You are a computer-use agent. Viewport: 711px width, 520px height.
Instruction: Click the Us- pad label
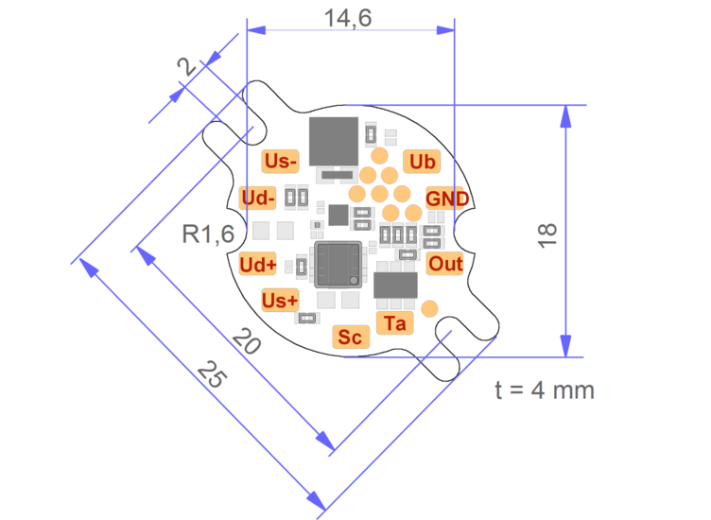point(280,161)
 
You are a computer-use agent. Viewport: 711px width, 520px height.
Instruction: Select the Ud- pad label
point(258,199)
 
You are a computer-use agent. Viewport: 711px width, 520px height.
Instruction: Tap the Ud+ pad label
point(258,264)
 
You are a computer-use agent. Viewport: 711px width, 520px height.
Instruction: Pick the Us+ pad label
point(279,301)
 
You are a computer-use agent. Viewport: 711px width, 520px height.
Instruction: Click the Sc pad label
point(350,337)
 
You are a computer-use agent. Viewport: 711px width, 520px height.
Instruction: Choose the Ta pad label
point(395,323)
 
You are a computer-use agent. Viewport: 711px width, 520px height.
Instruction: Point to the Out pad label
point(445,264)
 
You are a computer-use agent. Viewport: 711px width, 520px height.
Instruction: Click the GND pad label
point(446,199)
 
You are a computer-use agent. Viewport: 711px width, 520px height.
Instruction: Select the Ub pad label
point(422,162)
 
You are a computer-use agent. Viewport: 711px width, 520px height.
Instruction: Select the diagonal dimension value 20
point(246,343)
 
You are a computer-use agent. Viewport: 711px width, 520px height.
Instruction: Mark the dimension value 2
point(187,68)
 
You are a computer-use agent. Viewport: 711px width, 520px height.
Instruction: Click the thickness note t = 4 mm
point(546,390)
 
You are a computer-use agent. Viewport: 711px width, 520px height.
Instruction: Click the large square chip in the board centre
point(338,264)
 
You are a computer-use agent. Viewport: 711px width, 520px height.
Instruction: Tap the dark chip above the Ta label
point(395,286)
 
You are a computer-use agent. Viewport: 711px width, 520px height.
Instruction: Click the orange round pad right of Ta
point(429,307)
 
